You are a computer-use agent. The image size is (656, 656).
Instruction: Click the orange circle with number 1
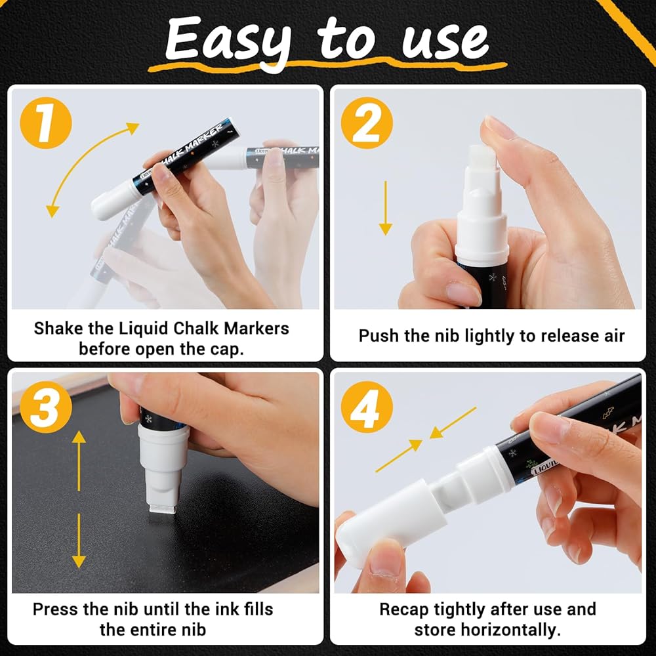click(x=46, y=123)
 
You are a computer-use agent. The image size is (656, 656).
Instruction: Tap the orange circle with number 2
click(x=367, y=123)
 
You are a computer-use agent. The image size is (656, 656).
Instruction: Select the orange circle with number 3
click(x=46, y=407)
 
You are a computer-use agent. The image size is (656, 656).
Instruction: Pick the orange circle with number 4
click(x=367, y=407)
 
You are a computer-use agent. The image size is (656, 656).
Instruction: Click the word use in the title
click(x=445, y=42)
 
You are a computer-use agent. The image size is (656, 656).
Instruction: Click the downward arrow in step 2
click(x=385, y=208)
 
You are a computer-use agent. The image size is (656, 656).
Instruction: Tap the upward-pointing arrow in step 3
click(x=79, y=461)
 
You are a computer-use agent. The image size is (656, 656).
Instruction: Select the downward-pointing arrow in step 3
click(x=79, y=541)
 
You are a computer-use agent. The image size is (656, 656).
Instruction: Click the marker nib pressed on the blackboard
click(x=162, y=508)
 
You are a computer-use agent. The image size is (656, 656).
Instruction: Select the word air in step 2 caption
click(x=613, y=336)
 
